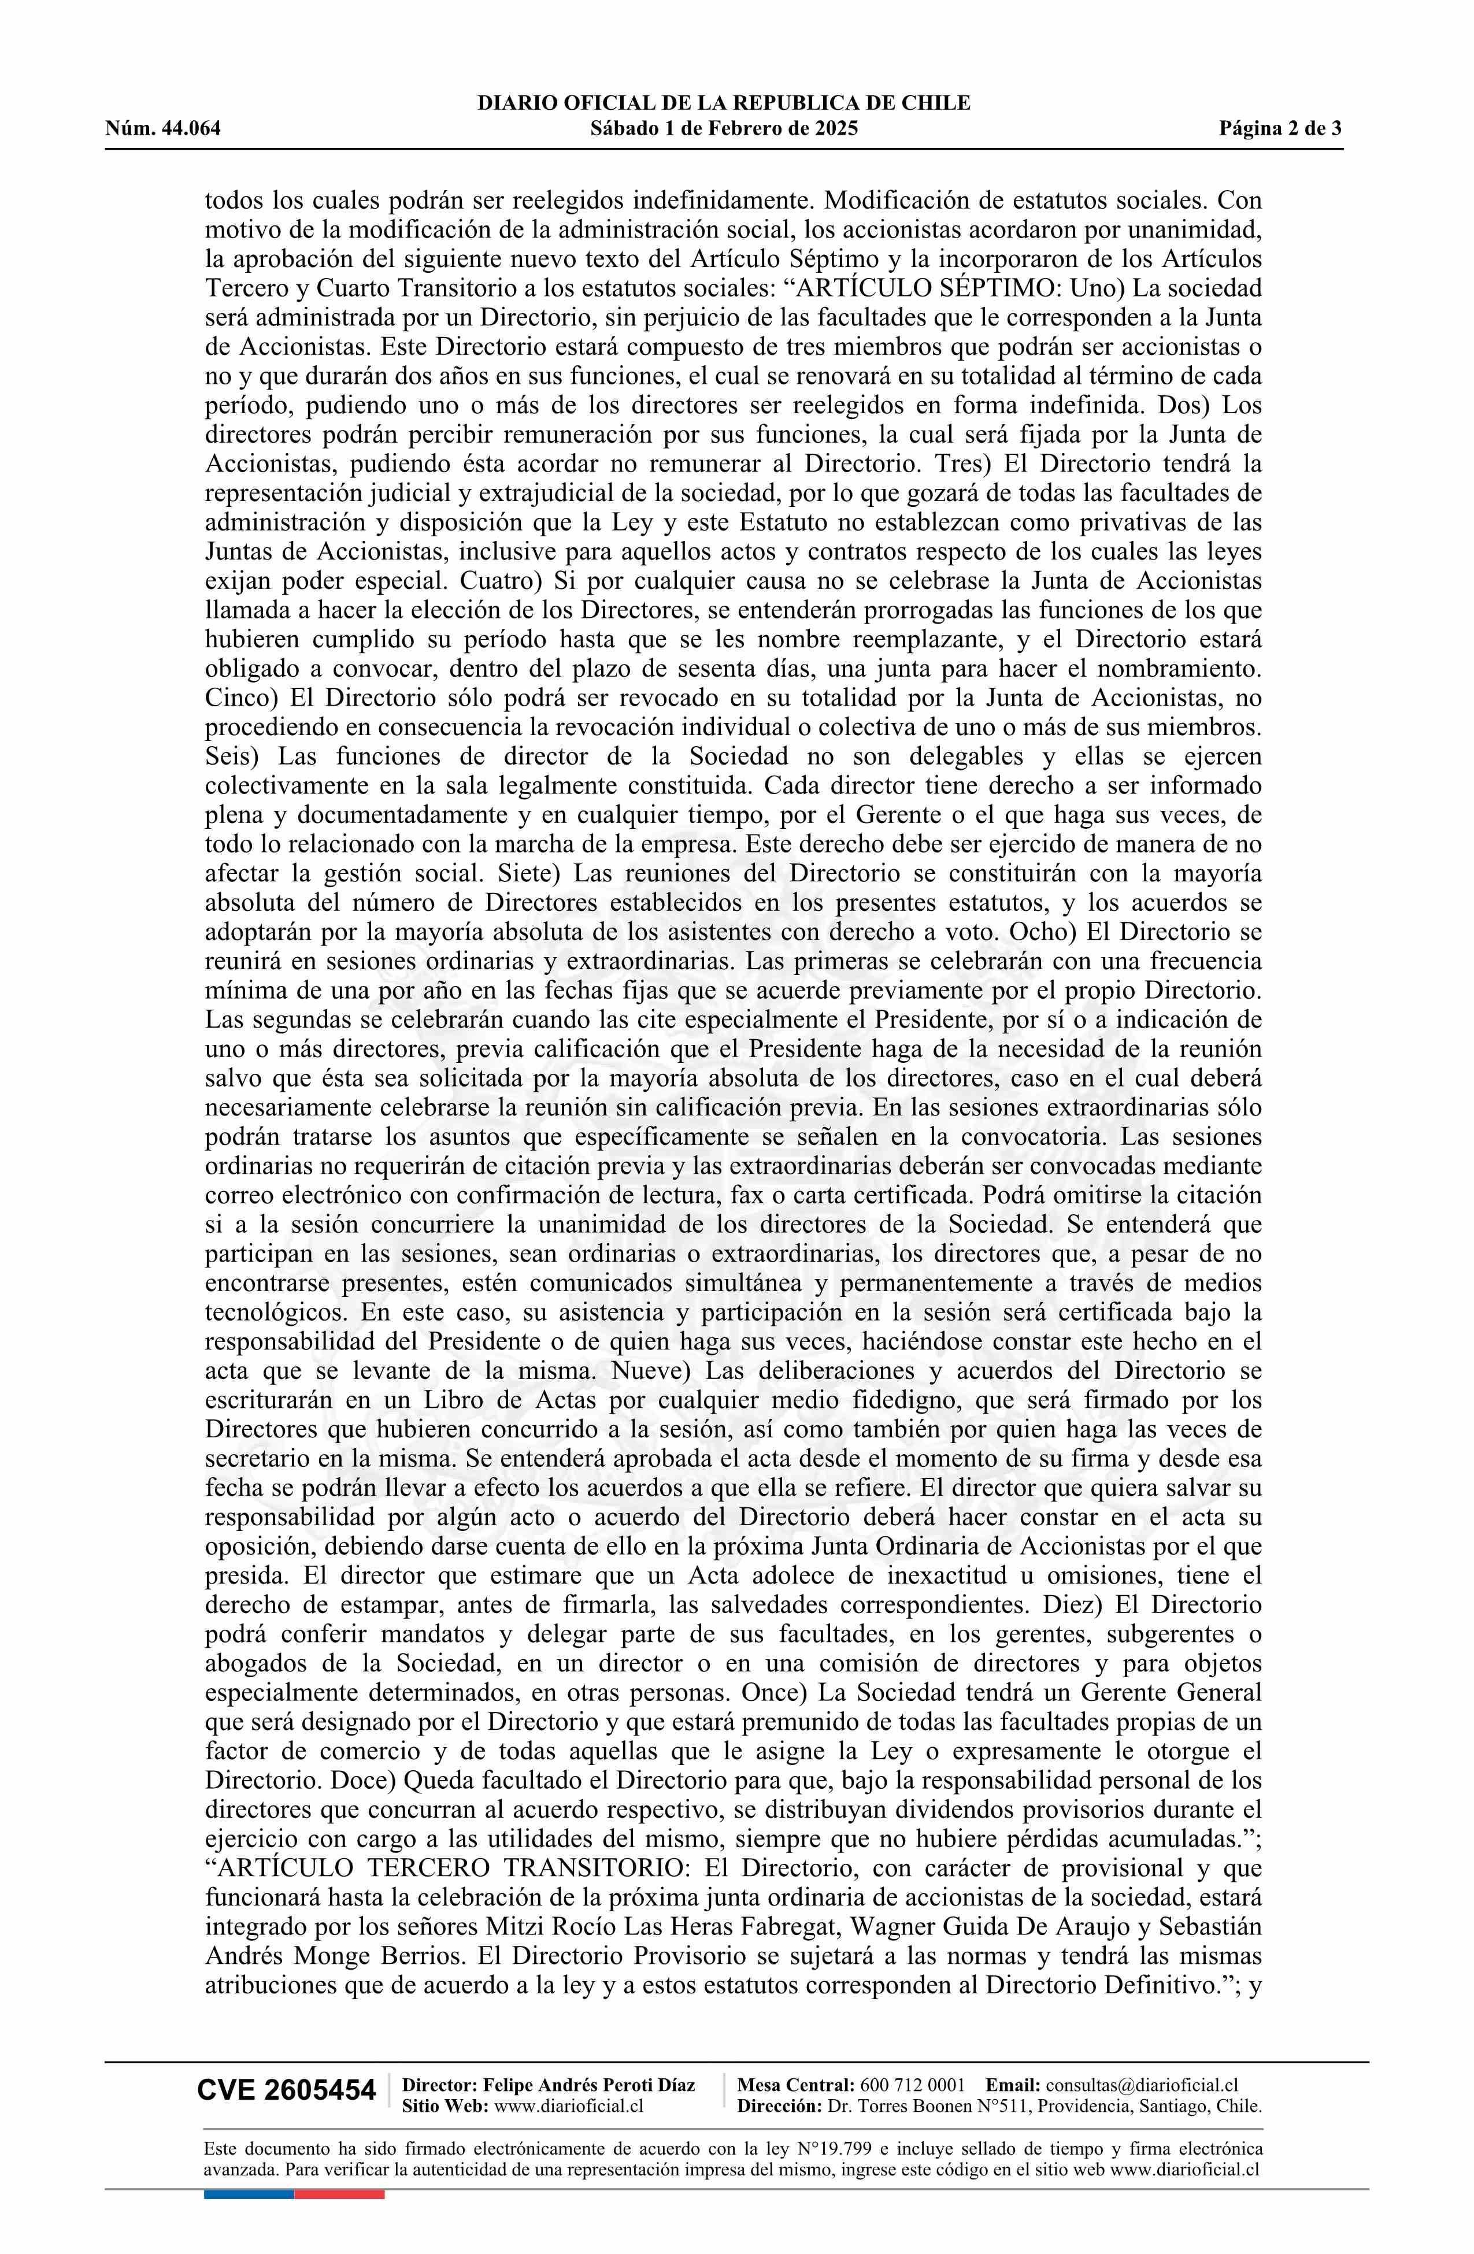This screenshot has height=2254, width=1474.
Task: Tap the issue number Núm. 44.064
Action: point(163,129)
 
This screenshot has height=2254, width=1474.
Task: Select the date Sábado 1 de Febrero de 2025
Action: point(724,129)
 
